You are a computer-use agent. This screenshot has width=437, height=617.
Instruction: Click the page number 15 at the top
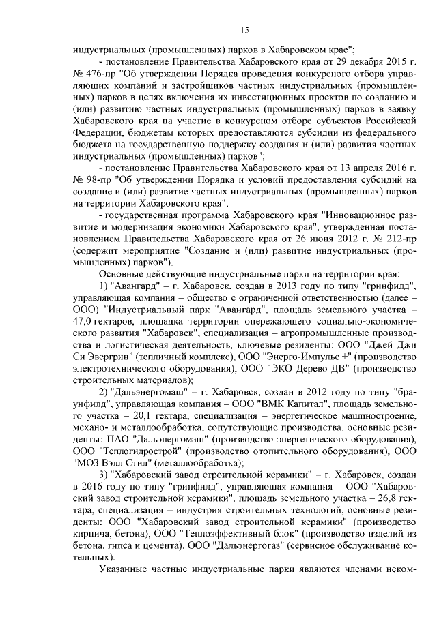pos(244,29)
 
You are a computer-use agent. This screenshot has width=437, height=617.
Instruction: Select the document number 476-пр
pos(98,74)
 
